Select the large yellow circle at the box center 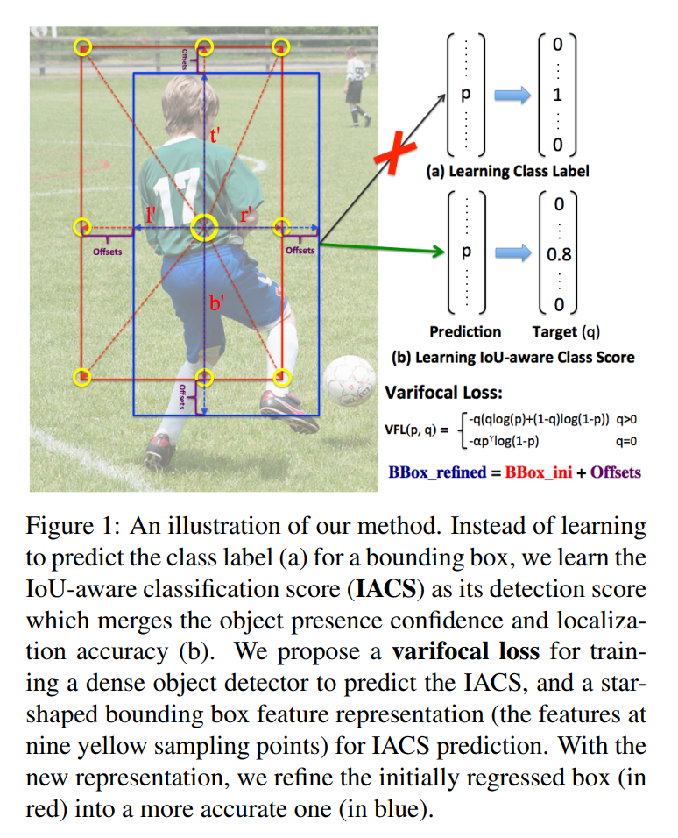pos(204,227)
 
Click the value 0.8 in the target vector pos(559,256)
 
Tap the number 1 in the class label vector pos(557,95)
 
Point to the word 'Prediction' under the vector pos(465,332)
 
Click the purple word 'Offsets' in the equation pos(615,472)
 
